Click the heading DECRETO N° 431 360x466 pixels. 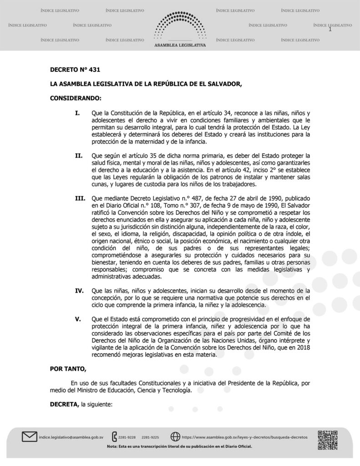[x=75, y=70]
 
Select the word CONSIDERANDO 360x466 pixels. [x=76, y=98]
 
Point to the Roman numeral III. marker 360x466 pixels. [x=80, y=199]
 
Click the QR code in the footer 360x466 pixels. [x=327, y=439]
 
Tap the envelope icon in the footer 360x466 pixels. [x=29, y=437]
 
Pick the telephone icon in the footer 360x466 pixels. [x=114, y=437]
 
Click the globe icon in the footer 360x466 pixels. [x=175, y=437]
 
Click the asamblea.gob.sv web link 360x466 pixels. [x=244, y=437]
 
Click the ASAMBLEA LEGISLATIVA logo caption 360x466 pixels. [x=180, y=46]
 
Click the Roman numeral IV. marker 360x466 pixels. [x=80, y=289]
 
